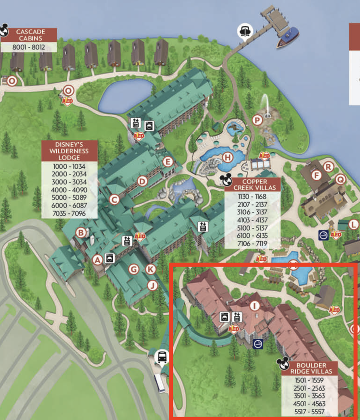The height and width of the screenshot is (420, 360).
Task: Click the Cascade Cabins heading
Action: click(x=30, y=35)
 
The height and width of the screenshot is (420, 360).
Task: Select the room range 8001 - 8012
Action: click(x=29, y=47)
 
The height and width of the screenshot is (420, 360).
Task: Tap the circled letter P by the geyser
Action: click(x=258, y=120)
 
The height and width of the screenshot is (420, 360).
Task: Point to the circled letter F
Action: click(x=316, y=175)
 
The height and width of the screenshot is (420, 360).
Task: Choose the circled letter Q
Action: click(x=340, y=179)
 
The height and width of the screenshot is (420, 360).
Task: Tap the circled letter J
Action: click(x=152, y=286)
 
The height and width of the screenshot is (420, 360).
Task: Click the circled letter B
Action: click(x=82, y=233)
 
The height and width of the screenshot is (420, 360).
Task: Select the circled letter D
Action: click(x=142, y=181)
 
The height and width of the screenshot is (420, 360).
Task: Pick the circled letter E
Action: click(x=168, y=161)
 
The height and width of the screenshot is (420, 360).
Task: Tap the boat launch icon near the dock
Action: click(x=244, y=31)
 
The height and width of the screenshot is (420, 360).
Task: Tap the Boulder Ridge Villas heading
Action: click(x=311, y=369)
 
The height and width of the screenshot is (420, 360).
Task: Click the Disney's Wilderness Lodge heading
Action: click(x=70, y=151)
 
